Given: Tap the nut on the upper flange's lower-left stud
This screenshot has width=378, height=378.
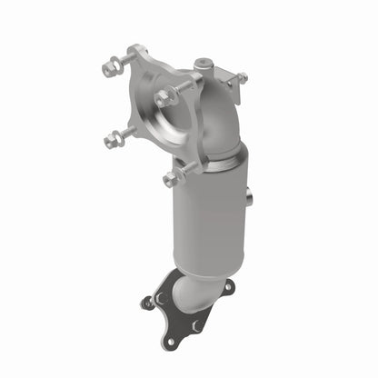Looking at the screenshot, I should (113, 140).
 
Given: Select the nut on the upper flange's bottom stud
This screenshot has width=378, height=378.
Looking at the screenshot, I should (171, 178).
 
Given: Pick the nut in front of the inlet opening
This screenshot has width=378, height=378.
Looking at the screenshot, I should (164, 97).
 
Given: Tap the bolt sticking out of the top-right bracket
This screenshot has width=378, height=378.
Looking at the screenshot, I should (242, 78).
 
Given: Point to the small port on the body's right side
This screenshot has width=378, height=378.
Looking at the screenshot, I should (247, 194).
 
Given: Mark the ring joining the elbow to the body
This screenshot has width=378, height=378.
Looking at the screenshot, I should (218, 162).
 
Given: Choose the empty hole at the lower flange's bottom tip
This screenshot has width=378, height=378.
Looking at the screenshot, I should (169, 341).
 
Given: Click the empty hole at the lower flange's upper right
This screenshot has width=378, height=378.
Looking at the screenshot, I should (226, 286).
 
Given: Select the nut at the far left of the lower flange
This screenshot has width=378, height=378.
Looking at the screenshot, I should (147, 303).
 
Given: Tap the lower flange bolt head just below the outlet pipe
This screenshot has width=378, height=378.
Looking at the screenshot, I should (195, 323).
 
